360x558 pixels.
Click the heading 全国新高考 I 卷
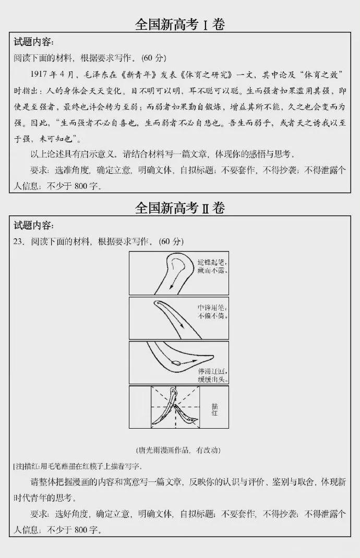click(179, 25)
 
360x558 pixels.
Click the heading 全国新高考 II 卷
click(179, 208)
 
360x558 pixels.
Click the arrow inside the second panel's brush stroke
click(181, 324)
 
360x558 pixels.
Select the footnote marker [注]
click(18, 466)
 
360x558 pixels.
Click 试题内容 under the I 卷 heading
click(33, 42)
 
